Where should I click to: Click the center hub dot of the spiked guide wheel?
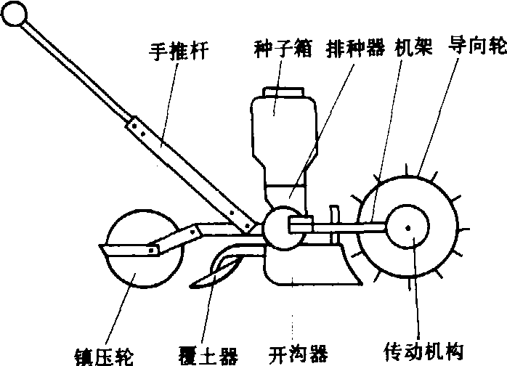408,227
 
